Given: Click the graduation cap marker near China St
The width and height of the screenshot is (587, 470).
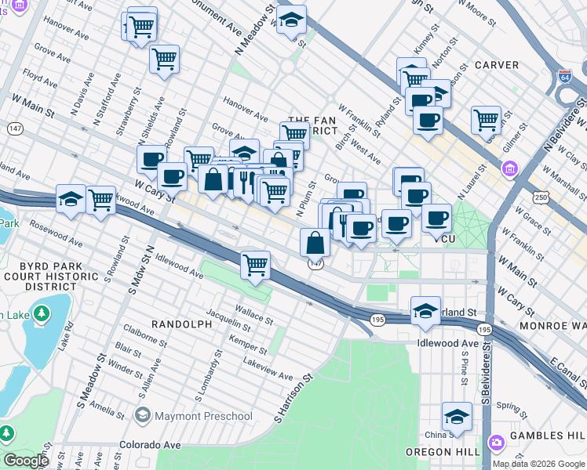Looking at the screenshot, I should pyautogui.click(x=457, y=416).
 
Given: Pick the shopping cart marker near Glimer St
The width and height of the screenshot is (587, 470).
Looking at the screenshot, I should pyautogui.click(x=487, y=120).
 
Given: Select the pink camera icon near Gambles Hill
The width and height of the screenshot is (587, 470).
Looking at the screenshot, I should pyautogui.click(x=496, y=443).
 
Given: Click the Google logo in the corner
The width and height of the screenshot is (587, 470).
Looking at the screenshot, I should pyautogui.click(x=26, y=461).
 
